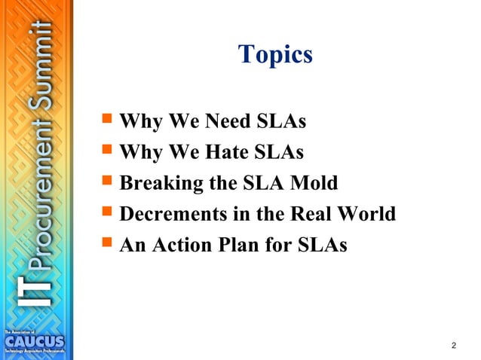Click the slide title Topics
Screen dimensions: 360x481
[274, 54]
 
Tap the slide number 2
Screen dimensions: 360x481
[453, 345]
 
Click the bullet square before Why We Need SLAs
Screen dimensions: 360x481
[106, 121]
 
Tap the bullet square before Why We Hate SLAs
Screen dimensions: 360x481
[106, 151]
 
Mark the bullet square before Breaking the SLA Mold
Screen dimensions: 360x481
[106, 182]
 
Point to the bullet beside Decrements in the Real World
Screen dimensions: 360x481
[106, 213]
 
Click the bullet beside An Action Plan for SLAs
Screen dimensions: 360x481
[106, 244]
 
